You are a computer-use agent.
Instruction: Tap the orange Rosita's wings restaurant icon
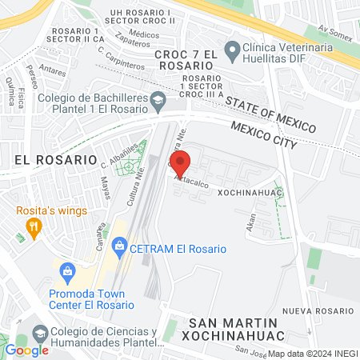coord(33,228)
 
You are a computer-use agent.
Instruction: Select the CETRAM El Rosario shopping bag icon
coord(119,246)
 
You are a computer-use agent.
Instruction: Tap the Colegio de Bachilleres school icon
coord(158,101)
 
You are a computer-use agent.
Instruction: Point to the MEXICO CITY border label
coord(263,134)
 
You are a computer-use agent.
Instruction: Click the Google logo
coord(26,350)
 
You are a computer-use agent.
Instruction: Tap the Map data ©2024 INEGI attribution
coord(312,354)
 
